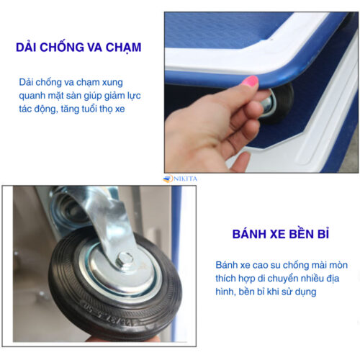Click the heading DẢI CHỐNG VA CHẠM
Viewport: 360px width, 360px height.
pos(78,48)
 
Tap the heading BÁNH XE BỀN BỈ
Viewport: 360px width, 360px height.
pos(281,234)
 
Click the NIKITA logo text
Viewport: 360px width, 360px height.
pos(185,179)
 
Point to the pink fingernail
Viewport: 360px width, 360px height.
pos(250,81)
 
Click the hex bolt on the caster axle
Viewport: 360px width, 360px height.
pos(125,259)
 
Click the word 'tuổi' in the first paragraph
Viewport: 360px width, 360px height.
pos(89,109)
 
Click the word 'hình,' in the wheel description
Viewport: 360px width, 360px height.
pos(225,292)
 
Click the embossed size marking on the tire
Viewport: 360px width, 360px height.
pos(111,315)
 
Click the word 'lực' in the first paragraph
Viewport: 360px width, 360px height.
pos(134,96)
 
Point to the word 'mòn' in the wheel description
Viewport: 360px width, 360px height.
pos(338,266)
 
